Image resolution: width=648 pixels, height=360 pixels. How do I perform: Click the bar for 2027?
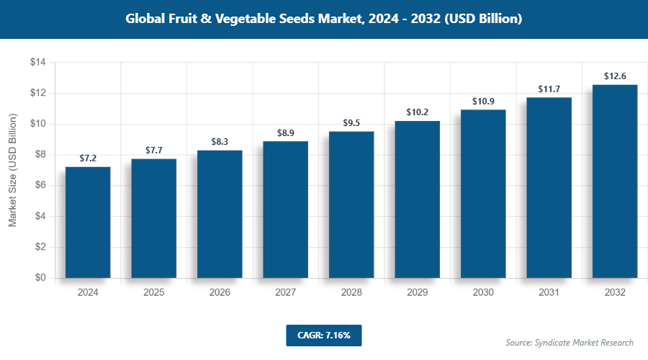[285, 209]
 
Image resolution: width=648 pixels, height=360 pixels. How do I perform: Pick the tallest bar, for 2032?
[615, 181]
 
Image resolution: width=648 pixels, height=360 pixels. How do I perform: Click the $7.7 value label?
[154, 150]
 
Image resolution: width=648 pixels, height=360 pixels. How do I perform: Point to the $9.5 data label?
[351, 122]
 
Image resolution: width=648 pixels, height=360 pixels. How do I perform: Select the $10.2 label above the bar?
[417, 112]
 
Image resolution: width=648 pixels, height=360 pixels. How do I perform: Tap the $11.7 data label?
[549, 89]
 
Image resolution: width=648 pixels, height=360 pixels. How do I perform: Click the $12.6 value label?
[615, 76]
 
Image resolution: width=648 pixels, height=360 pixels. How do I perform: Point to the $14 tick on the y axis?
[37, 63]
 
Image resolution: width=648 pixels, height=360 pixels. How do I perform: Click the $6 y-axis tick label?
[40, 185]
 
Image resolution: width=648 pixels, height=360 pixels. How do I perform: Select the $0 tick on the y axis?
[40, 278]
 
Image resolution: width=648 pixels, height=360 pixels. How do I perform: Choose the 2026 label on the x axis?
[220, 293]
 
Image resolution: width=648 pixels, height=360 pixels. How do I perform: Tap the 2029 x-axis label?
[417, 293]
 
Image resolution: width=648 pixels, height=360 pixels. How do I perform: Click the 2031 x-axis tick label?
[549, 293]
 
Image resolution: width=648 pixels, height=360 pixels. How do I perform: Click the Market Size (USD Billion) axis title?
[12, 170]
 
